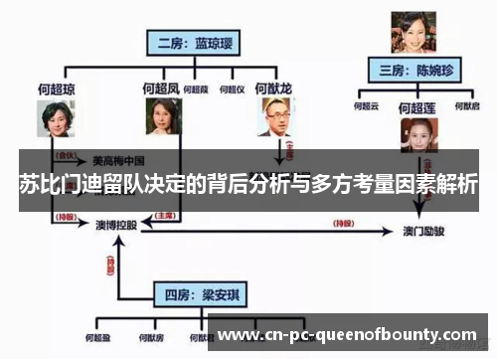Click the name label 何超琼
[56, 89]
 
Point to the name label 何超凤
[161, 89]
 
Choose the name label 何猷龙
[273, 89]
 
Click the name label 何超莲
[417, 106]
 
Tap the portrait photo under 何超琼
[57, 120]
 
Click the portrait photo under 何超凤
[161, 118]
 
